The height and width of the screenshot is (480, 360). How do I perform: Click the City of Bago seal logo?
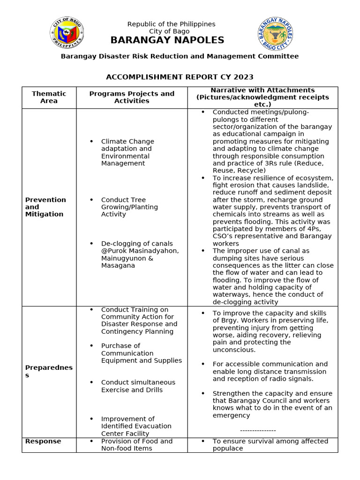click(x=67, y=33)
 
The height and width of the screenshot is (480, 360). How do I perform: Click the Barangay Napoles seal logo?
click(x=276, y=33)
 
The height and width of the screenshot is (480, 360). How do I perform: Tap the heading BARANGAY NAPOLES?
click(x=167, y=40)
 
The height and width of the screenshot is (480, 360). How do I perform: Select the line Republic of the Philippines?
click(x=171, y=24)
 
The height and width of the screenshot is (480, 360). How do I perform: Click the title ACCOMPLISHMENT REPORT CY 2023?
click(x=180, y=77)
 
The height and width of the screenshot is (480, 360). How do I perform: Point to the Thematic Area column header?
click(x=49, y=97)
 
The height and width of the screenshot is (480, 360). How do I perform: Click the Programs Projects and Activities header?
click(x=132, y=97)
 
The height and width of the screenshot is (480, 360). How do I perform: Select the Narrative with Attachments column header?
click(x=262, y=97)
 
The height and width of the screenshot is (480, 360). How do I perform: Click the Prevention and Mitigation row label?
click(x=45, y=207)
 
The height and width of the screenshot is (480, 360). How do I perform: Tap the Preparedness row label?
click(x=49, y=371)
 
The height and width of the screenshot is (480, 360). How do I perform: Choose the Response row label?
click(x=43, y=441)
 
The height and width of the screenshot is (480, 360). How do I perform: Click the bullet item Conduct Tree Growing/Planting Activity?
click(x=129, y=207)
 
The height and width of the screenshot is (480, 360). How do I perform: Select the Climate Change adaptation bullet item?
click(x=127, y=152)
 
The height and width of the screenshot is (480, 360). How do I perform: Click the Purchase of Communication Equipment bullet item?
click(x=141, y=353)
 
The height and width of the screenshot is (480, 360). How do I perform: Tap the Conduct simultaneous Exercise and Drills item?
click(x=138, y=386)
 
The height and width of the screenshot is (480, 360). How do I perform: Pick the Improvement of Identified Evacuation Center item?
click(x=136, y=426)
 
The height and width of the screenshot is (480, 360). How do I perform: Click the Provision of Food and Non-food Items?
click(x=136, y=445)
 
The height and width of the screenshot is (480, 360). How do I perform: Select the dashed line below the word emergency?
click(x=258, y=430)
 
